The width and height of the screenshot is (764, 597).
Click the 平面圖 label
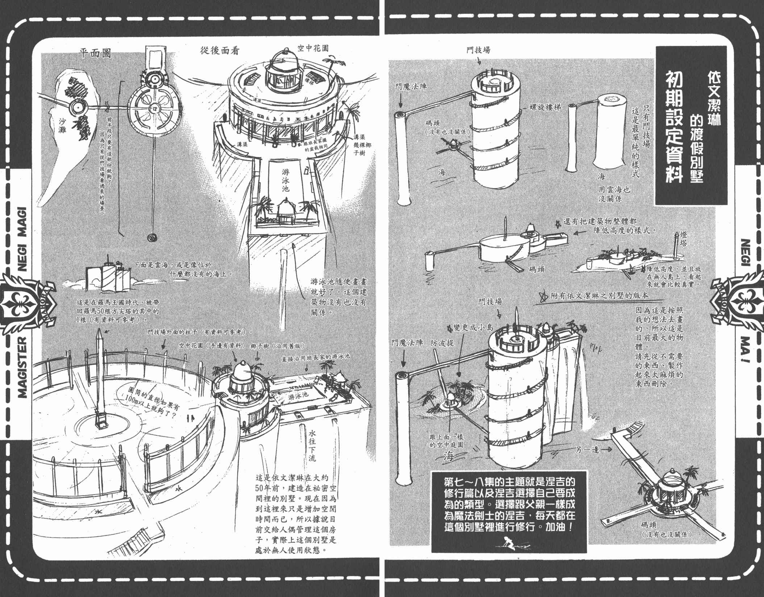(94, 54)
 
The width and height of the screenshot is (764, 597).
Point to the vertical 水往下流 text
(312, 445)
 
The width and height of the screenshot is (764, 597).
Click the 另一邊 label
(588, 450)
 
